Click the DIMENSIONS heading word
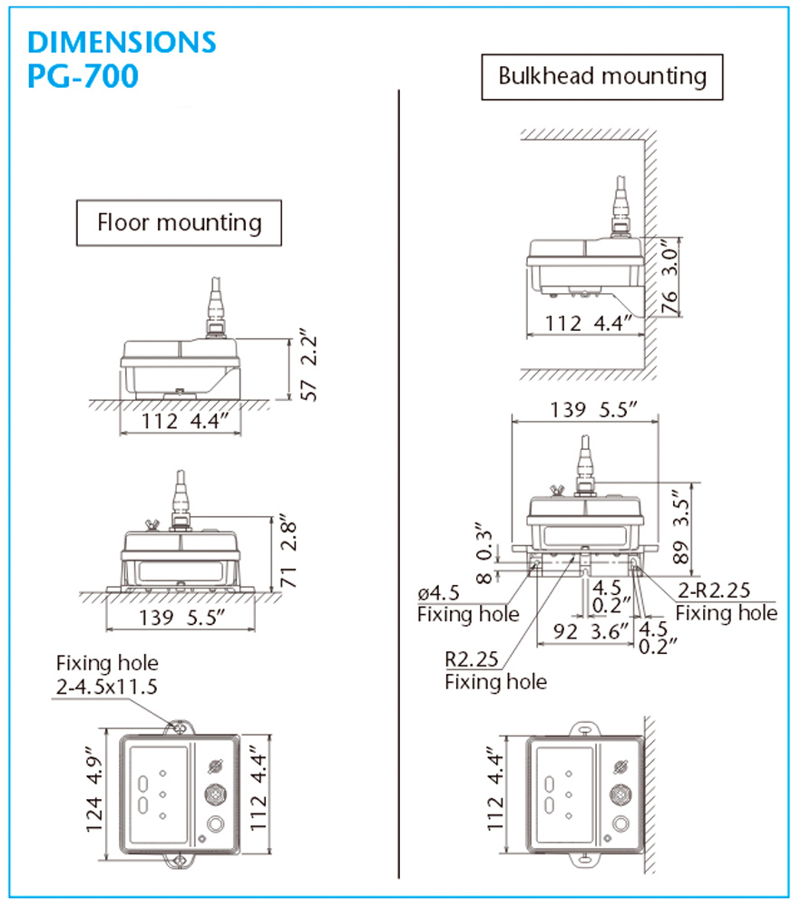tap(122, 42)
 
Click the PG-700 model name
tap(83, 76)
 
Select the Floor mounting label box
tap(180, 222)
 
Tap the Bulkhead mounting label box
tap(602, 76)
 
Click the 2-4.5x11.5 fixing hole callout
tap(107, 686)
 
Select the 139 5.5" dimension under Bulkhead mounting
tap(589, 409)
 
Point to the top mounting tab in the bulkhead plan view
tap(585, 728)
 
